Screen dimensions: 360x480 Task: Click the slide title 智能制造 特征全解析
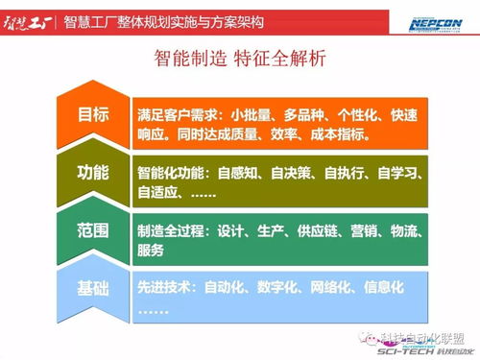click(240, 59)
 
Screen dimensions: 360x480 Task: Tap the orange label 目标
click(93, 114)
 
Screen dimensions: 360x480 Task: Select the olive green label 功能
click(93, 173)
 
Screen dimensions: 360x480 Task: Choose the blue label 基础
click(93, 288)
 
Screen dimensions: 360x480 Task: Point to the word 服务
click(151, 251)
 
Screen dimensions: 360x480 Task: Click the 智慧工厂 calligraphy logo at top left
click(28, 20)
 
